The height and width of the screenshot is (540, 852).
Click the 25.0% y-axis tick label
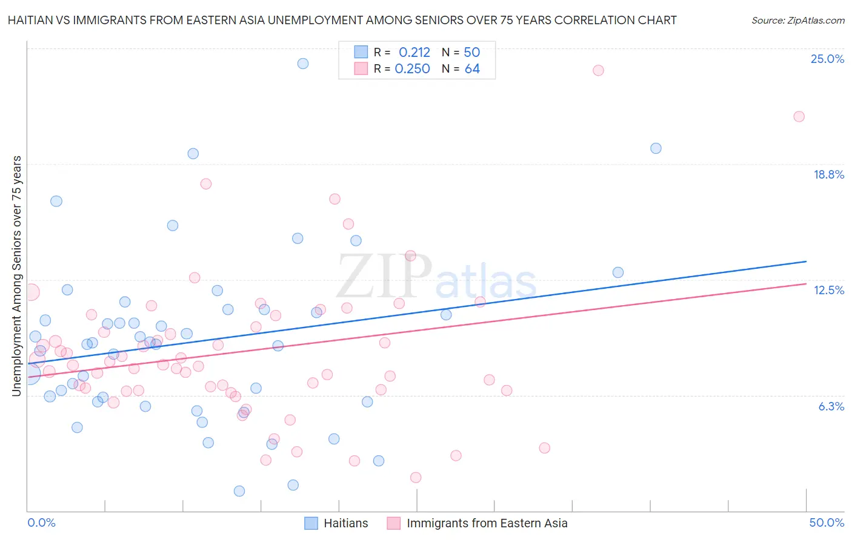click(x=827, y=59)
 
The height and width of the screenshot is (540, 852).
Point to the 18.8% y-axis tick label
click(x=828, y=175)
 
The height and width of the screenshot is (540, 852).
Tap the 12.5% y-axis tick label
click(x=828, y=291)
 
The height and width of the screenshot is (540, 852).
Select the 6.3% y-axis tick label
click(x=831, y=407)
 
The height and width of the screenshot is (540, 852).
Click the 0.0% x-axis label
click(x=41, y=523)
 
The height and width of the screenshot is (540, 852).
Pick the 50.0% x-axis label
click(x=827, y=523)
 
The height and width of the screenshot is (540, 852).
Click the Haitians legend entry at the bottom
click(x=345, y=524)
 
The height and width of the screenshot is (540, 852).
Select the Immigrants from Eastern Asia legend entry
click(x=487, y=524)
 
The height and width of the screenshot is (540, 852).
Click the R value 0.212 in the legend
click(x=414, y=52)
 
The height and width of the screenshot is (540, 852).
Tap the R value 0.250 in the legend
click(x=412, y=69)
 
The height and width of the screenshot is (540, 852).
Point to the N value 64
click(x=472, y=69)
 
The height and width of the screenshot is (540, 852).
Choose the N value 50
click(x=471, y=52)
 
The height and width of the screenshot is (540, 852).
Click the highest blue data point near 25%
click(x=303, y=64)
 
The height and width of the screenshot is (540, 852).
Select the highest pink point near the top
click(x=598, y=70)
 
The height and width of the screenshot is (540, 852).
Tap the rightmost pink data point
click(x=799, y=117)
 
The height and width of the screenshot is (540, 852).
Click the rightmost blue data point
click(x=656, y=148)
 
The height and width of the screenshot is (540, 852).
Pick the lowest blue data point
click(x=239, y=491)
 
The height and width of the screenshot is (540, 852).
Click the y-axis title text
click(x=16, y=276)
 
